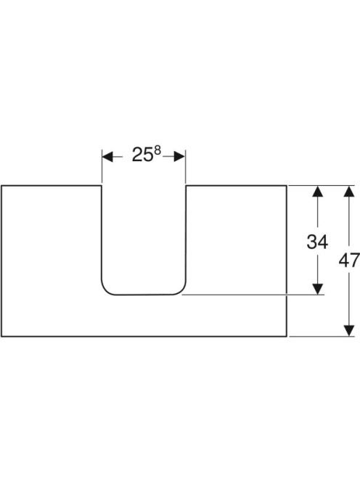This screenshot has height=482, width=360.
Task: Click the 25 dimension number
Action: (143, 155)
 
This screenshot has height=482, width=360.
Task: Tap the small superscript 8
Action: (157, 150)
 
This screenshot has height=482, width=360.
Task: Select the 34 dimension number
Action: (317, 242)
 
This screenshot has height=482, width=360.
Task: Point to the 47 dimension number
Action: (349, 261)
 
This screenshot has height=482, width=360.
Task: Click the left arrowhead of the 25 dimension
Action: (107, 157)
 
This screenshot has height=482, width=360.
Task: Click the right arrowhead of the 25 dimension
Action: (179, 157)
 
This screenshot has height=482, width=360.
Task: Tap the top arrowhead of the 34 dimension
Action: (317, 191)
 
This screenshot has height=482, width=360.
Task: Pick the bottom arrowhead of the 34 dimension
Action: (317, 289)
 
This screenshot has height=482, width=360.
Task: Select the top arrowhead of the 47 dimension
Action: (349, 191)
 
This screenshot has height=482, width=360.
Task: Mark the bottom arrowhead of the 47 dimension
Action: (349, 331)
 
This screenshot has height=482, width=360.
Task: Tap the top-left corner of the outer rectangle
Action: (1, 186)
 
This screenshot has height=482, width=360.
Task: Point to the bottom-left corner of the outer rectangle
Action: (1, 336)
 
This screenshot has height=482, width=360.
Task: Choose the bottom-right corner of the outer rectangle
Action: (287, 336)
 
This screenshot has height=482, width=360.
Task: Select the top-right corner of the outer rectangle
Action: (287, 186)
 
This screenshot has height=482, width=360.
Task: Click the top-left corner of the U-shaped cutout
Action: (102, 186)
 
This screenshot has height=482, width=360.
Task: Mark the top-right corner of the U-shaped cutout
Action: (186, 186)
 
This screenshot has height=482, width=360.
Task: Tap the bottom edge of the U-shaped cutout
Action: (144, 295)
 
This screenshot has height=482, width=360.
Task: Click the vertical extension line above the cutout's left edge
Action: (102, 166)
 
